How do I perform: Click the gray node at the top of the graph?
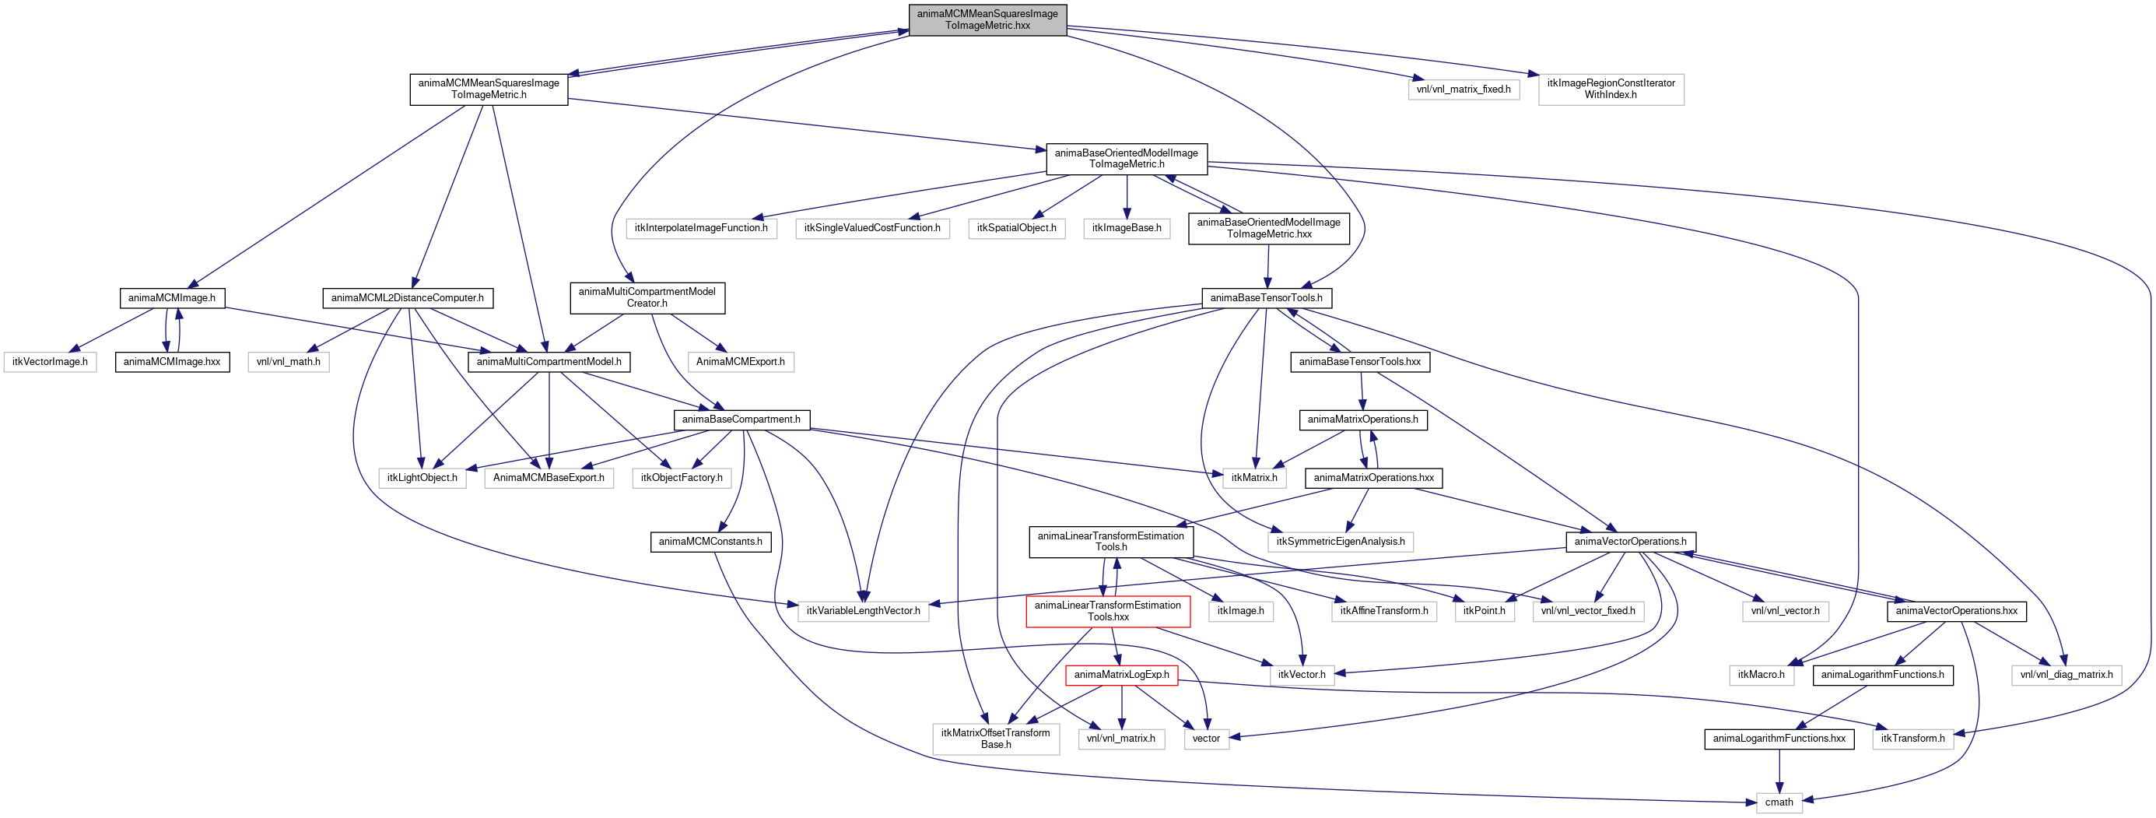pos(987,20)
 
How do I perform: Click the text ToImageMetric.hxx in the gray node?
pos(987,26)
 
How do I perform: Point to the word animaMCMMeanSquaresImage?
pos(987,13)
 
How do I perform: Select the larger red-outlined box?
pos(1108,611)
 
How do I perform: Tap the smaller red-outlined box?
pos(1121,676)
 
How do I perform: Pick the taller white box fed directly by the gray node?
pos(1611,90)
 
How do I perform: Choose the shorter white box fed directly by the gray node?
pos(1464,90)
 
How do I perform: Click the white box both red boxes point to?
pos(996,739)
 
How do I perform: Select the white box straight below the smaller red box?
pos(1121,739)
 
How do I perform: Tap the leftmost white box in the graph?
pos(51,363)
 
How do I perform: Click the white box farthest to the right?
pos(2067,676)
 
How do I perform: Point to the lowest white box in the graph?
pos(1779,803)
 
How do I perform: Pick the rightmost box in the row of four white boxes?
pos(1127,229)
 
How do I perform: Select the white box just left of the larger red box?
pos(863,612)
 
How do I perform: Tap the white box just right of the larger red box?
pos(1241,612)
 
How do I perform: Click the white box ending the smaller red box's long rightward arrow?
pos(1912,739)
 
